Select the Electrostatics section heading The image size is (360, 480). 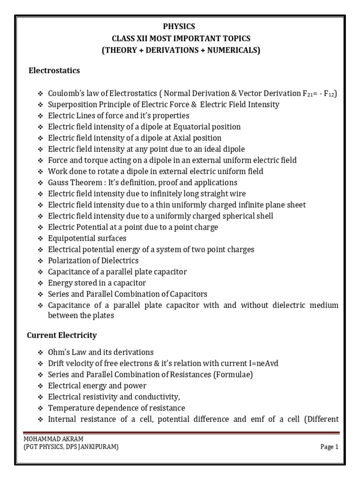(54, 71)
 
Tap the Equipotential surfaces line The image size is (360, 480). (87, 238)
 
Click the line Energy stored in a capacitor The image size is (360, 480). (97, 283)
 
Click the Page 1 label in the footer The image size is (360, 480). (329, 447)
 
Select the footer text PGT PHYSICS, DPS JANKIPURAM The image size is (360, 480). (71, 447)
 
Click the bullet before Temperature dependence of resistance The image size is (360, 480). (41, 408)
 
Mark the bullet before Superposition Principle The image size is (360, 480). (41, 105)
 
